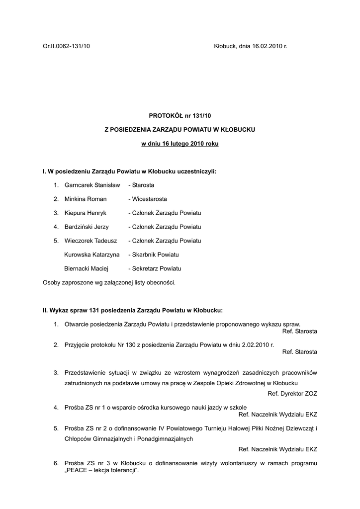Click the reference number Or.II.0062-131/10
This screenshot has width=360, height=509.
(x=66, y=46)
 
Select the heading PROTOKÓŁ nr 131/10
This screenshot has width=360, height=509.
(x=180, y=115)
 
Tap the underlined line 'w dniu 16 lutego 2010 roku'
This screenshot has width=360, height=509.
(x=180, y=144)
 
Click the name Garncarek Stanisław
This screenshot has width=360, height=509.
(x=92, y=185)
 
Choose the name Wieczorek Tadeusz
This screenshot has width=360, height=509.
(x=90, y=241)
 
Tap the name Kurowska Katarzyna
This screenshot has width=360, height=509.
(x=92, y=254)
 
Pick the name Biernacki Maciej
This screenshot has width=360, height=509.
(x=87, y=268)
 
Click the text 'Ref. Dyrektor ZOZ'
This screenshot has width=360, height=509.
(x=292, y=393)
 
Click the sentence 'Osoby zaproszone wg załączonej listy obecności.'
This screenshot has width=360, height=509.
(x=109, y=282)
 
